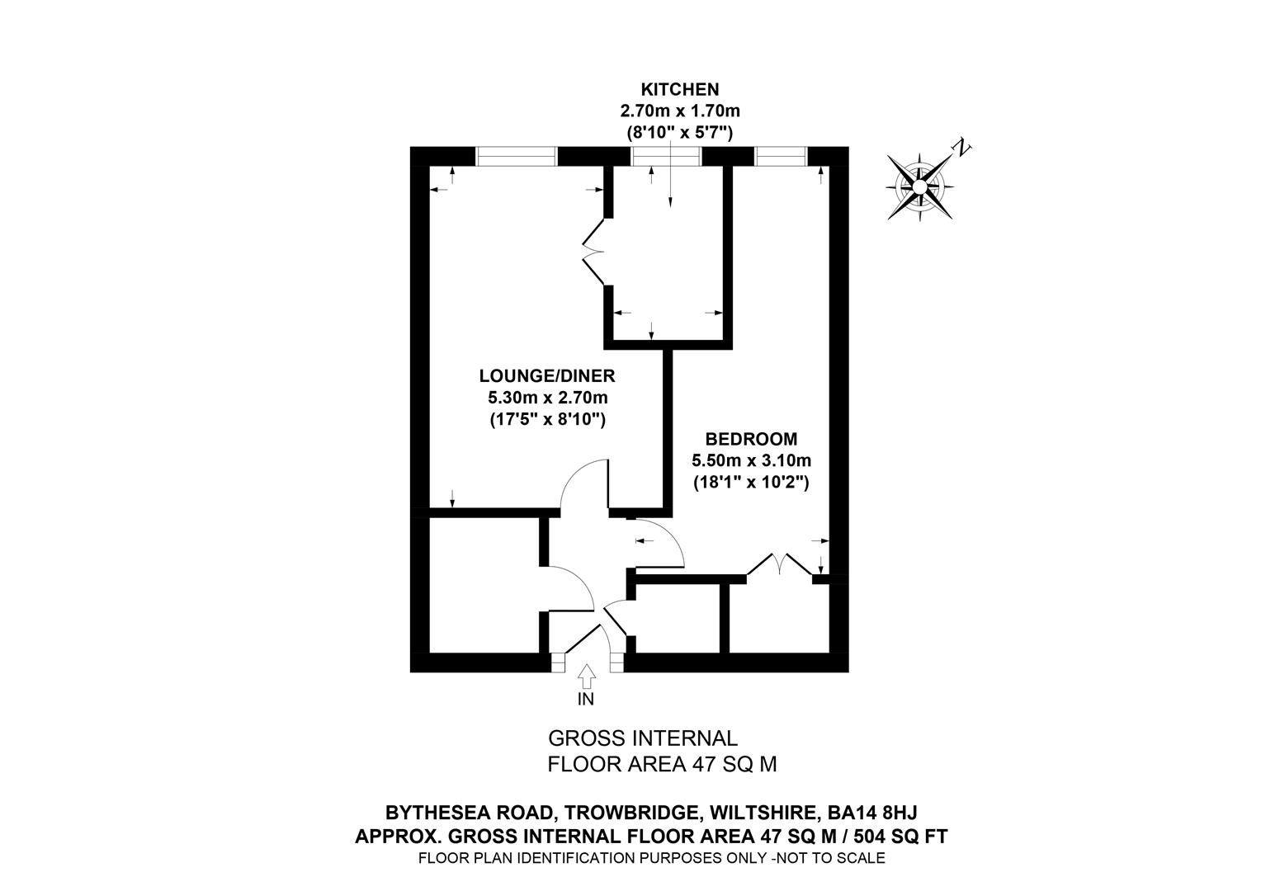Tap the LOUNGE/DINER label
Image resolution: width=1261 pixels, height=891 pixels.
[x=547, y=376]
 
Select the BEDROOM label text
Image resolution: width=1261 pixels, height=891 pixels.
[x=751, y=439]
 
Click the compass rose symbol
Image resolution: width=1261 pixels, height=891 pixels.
[x=919, y=188]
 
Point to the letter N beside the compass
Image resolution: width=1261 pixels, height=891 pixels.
[x=961, y=148]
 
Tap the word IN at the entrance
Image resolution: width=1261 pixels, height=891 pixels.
[x=586, y=700]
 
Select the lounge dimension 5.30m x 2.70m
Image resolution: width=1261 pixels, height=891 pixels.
[x=547, y=398]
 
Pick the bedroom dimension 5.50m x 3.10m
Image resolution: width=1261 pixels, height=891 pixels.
[x=751, y=460]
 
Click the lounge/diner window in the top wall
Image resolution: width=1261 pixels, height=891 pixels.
[x=517, y=156]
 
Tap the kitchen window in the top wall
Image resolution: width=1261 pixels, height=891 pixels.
[x=666, y=156]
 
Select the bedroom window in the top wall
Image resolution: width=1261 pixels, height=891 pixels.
[x=780, y=156]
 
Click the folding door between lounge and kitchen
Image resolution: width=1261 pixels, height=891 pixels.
[x=594, y=251]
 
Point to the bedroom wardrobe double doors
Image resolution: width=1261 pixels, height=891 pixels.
[x=779, y=563]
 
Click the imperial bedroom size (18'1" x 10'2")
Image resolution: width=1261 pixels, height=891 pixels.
[x=751, y=482]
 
